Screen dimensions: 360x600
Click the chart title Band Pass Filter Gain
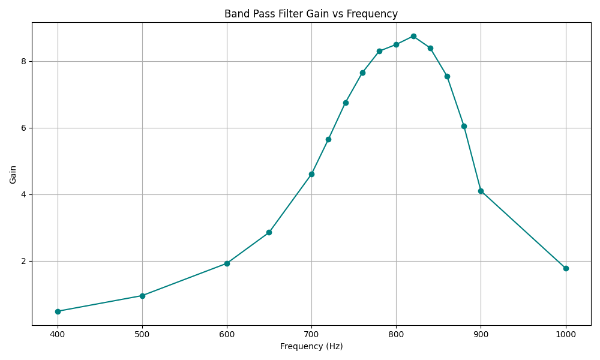click(311, 14)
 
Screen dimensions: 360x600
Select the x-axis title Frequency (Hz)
click(311, 346)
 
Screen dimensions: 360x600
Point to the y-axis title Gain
click(13, 174)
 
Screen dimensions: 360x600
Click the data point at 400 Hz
click(58, 311)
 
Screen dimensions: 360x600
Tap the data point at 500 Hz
click(142, 296)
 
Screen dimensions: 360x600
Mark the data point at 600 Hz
click(227, 263)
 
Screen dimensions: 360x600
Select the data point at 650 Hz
click(269, 232)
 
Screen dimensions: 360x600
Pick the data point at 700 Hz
click(311, 174)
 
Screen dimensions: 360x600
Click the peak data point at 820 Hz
click(413, 36)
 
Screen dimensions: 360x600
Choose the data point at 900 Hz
click(481, 191)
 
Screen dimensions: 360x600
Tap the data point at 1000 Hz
click(566, 268)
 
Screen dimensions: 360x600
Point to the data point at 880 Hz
click(464, 126)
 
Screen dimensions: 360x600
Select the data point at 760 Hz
click(362, 73)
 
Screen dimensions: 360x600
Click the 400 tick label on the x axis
click(58, 333)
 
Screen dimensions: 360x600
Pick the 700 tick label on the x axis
click(311, 333)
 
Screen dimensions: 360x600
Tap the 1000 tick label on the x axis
click(566, 333)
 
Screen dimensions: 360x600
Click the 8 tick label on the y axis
click(23, 61)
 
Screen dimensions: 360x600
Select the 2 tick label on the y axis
click(23, 261)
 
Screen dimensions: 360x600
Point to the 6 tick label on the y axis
click(23, 128)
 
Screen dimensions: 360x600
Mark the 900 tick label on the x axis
click(481, 333)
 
